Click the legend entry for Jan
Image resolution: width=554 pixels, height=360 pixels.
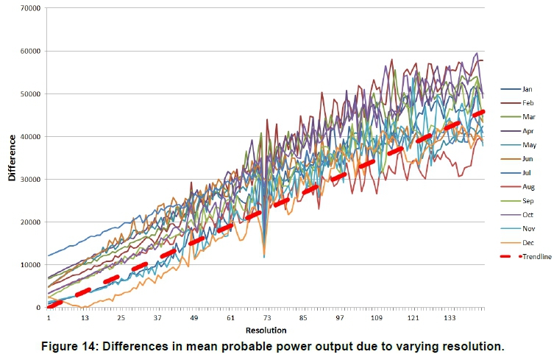pos(527,89)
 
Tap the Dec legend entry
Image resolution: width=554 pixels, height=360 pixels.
pos(528,243)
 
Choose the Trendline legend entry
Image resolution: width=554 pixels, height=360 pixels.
pos(536,256)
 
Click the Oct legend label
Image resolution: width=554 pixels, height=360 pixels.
pos(527,216)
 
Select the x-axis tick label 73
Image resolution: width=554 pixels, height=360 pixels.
pos(267,318)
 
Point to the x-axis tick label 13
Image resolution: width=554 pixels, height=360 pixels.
pos(85,318)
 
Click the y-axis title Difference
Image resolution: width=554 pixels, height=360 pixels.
pos(12,159)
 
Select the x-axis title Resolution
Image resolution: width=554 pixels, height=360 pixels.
pos(266,331)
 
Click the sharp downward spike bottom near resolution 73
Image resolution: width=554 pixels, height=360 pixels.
pos(264,256)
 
